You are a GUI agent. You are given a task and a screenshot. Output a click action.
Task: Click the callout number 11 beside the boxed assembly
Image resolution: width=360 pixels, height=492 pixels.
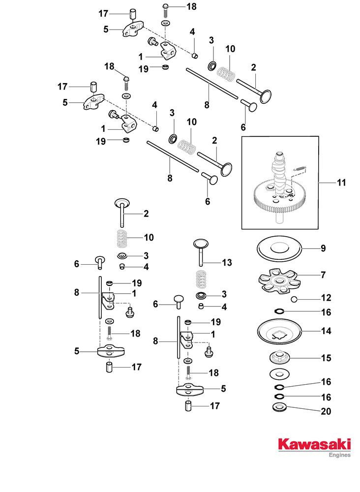[x=341, y=183]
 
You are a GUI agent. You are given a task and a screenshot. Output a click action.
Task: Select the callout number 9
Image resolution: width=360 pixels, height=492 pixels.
[x=323, y=248]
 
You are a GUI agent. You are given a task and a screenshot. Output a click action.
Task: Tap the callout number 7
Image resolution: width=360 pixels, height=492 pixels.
[x=323, y=275]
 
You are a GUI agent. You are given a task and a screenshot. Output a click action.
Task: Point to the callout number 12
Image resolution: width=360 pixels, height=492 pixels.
[x=326, y=298]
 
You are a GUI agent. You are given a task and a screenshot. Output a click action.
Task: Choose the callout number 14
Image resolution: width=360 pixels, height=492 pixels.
[x=326, y=331]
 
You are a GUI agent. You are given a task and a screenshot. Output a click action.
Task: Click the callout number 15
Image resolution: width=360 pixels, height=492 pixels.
[x=326, y=358]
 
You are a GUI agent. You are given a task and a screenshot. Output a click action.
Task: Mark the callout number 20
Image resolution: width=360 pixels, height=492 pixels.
[x=326, y=411]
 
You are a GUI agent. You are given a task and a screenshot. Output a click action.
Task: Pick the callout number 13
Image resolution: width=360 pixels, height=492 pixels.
[x=227, y=263]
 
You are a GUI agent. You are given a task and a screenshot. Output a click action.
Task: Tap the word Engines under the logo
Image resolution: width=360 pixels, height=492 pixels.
[x=339, y=456]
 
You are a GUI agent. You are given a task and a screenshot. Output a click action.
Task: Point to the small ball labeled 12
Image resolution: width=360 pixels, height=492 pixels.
[x=294, y=299]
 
